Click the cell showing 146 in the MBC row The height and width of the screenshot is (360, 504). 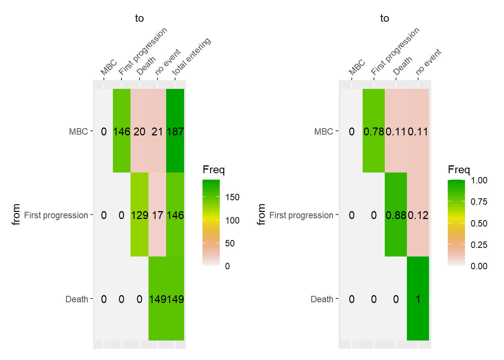point(121,131)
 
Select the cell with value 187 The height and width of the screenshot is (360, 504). point(175,131)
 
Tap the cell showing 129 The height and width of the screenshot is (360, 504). point(139,215)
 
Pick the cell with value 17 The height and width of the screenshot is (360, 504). point(157,215)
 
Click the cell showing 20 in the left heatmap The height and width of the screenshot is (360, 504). point(139,131)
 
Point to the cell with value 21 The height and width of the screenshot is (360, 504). point(157,131)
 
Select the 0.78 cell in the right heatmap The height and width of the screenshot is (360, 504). point(373,131)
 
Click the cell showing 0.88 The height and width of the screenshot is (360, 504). point(396,215)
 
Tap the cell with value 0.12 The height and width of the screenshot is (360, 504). point(418,215)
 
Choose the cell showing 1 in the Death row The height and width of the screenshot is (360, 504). point(418,299)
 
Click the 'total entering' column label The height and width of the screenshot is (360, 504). point(192,56)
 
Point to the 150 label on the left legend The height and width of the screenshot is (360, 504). point(232,197)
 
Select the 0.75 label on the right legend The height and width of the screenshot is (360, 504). point(479,202)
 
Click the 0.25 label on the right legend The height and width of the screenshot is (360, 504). point(479,245)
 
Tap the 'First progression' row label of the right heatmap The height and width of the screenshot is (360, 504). point(301,215)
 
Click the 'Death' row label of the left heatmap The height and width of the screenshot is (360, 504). point(76,299)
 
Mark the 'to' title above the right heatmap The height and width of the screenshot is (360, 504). point(384,18)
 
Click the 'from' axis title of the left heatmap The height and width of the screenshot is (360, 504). point(16,214)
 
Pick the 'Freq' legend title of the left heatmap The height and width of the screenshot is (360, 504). point(213,169)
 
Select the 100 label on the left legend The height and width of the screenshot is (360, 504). point(232,220)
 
